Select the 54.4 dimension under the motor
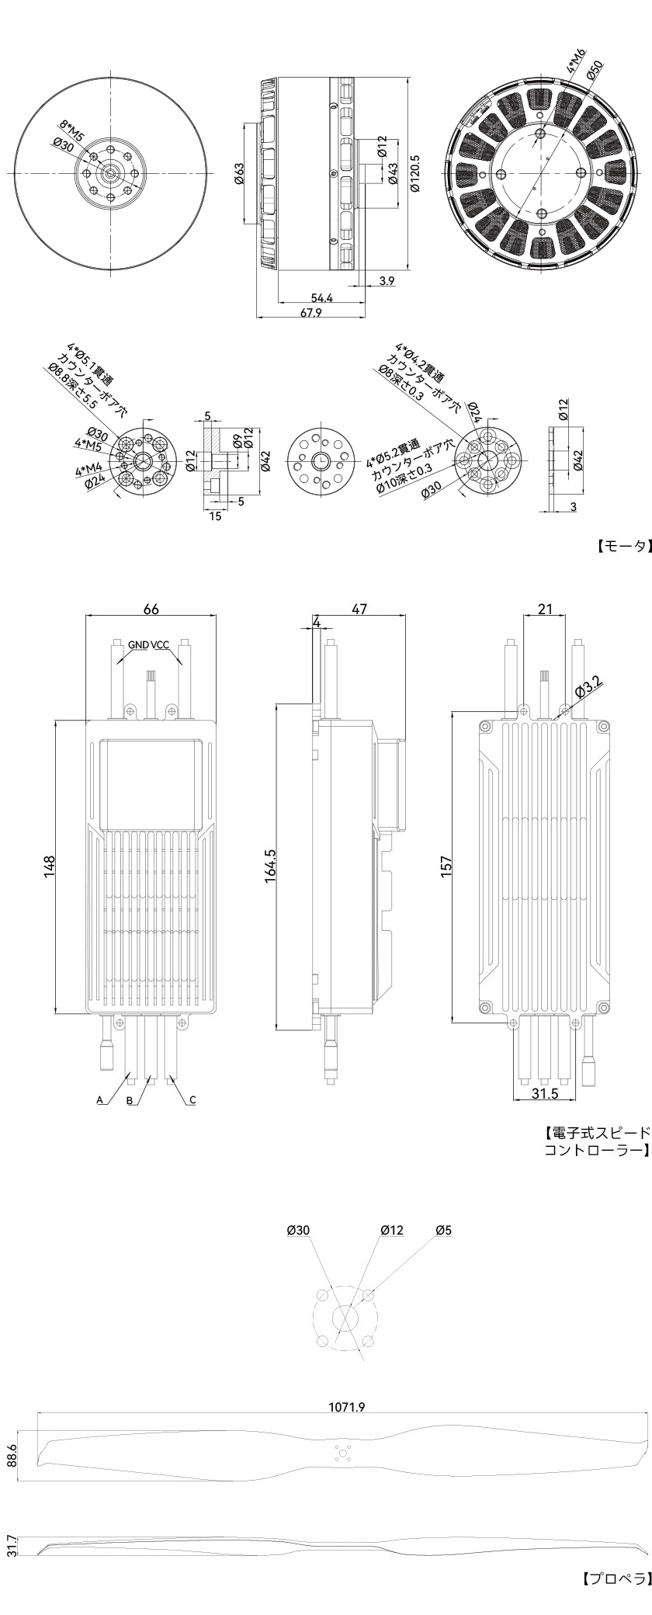[321, 298]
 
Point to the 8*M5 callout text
[73, 129]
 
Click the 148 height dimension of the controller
[49, 867]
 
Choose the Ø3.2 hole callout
[588, 687]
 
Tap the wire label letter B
[130, 1100]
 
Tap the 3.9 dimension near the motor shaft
[387, 280]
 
